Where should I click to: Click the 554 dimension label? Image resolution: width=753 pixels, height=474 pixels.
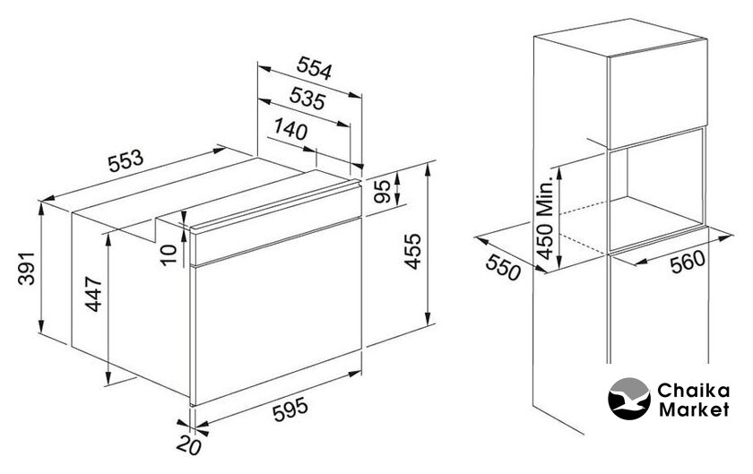click(x=314, y=68)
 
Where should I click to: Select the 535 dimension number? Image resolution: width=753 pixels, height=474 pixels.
click(x=307, y=98)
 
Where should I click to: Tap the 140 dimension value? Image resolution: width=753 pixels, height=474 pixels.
click(x=290, y=129)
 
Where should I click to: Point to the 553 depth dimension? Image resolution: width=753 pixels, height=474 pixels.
click(x=125, y=161)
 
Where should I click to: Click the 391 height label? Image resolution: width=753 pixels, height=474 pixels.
click(x=27, y=268)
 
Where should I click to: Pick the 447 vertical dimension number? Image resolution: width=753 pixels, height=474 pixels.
click(x=93, y=295)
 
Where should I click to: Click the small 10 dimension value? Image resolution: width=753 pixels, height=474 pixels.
click(x=169, y=254)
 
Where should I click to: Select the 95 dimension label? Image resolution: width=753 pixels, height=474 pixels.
click(x=383, y=192)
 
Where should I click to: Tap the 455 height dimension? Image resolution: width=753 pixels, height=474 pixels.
click(x=412, y=251)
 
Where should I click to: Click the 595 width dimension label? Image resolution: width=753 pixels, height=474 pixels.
click(x=290, y=410)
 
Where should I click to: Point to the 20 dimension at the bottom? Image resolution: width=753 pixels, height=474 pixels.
click(x=189, y=446)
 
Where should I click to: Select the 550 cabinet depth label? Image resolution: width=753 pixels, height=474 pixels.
click(x=503, y=268)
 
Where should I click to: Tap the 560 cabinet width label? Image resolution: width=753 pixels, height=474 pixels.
click(x=688, y=263)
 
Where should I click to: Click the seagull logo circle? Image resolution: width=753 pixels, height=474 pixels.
click(x=629, y=399)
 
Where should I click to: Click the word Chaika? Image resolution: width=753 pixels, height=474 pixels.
click(x=694, y=390)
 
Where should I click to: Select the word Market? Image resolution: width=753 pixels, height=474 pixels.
click(x=694, y=409)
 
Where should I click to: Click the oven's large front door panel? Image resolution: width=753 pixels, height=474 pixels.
click(x=277, y=311)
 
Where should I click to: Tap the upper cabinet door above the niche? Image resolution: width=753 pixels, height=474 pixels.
click(x=657, y=94)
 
